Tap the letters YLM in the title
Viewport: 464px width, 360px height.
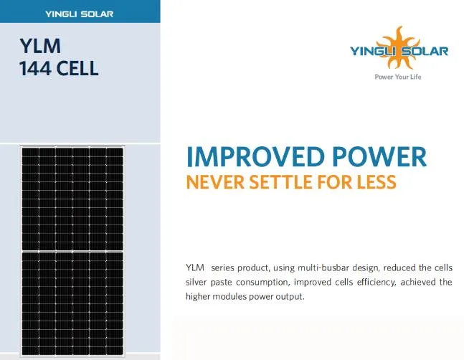point(41,47)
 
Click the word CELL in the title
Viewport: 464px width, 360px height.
point(77,70)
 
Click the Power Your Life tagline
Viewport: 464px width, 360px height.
point(399,76)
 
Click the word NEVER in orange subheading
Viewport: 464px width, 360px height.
point(211,182)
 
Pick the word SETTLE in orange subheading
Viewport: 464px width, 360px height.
point(273,182)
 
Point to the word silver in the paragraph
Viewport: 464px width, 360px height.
point(198,282)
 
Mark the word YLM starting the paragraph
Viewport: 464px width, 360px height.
point(194,267)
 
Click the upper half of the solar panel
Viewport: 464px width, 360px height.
point(72,197)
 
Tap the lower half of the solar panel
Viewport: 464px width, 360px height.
point(72,305)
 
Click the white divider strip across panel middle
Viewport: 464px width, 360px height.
point(72,251)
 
